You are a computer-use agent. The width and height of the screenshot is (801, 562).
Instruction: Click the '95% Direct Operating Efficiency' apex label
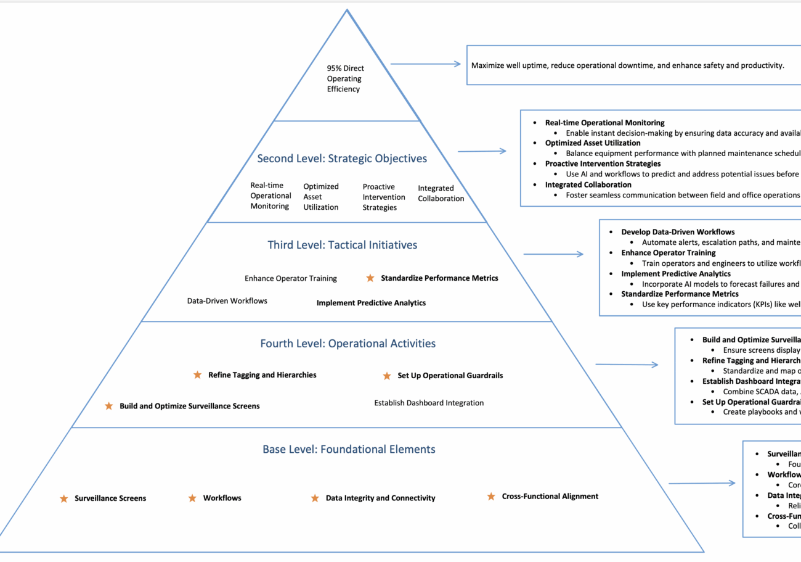click(344, 79)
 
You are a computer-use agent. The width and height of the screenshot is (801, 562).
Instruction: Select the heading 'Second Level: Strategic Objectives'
click(342, 159)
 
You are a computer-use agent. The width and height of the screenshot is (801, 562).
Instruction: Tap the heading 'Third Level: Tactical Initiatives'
click(342, 245)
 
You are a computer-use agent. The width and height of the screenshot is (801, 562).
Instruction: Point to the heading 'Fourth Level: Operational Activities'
click(348, 344)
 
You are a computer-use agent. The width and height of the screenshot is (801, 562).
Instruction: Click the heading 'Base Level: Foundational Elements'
click(349, 449)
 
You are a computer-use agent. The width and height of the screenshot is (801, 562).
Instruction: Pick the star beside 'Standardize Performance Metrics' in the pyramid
click(370, 278)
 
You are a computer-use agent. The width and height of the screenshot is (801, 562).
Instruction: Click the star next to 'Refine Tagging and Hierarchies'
click(198, 374)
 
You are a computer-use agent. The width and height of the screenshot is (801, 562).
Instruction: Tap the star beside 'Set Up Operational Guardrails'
click(387, 376)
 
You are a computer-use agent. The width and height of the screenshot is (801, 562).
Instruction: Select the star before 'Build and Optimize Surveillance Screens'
click(109, 406)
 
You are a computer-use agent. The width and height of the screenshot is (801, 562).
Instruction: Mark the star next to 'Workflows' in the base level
click(192, 498)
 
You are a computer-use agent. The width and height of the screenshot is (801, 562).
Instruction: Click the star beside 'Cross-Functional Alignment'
click(491, 496)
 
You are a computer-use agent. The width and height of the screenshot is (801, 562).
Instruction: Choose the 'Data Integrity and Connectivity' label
click(380, 498)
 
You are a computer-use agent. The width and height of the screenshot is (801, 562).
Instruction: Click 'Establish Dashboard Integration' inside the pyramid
click(429, 403)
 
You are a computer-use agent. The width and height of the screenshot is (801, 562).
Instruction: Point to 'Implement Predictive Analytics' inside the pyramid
click(371, 303)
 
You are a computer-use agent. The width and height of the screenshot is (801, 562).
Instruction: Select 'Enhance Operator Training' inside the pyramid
click(291, 278)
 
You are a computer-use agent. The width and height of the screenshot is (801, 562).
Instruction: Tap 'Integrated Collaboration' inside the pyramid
click(441, 193)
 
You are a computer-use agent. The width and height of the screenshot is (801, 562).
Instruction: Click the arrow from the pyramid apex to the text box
click(425, 64)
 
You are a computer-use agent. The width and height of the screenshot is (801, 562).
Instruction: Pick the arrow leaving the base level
click(702, 483)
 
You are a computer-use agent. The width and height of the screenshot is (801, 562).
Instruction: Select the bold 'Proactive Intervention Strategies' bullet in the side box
click(603, 163)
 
